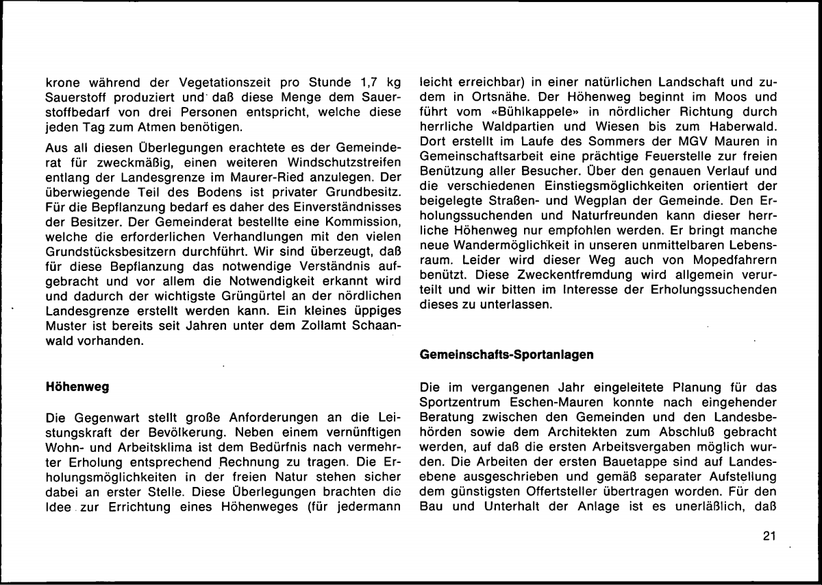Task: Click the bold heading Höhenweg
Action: click(x=77, y=387)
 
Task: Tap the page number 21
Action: click(x=768, y=536)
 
